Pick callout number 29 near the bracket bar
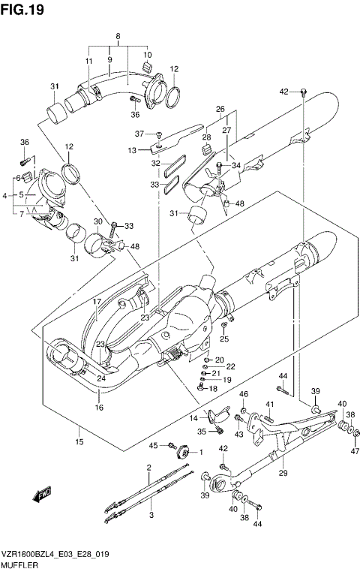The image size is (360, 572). pos(283,472)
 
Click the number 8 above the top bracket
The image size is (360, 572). pos(117,36)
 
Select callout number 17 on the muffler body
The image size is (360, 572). pos(97,302)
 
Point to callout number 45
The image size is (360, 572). pos(154,446)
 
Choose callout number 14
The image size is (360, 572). pos(193,417)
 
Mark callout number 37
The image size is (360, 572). pos(139,134)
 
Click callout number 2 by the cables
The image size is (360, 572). pos(149,468)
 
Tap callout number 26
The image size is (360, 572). pos(220,109)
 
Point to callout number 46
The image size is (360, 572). pos(244,395)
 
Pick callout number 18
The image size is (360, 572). pos(212,388)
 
